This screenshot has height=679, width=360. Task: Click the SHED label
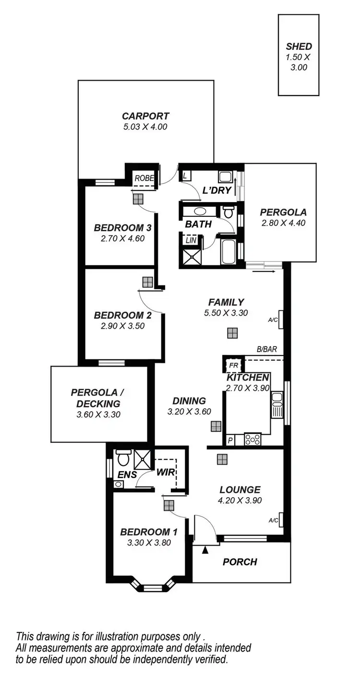(x=299, y=47)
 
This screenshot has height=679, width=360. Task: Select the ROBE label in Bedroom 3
(x=144, y=178)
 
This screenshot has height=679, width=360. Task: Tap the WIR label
(x=165, y=472)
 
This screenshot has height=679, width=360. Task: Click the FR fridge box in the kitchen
(x=233, y=365)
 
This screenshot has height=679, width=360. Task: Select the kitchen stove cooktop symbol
(x=252, y=439)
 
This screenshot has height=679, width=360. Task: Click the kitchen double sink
(x=277, y=405)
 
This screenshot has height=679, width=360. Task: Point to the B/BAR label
(x=267, y=349)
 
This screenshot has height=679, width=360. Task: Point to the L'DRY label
(x=217, y=191)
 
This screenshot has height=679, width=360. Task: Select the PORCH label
(x=240, y=562)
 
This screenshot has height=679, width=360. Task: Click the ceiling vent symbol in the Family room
(x=233, y=333)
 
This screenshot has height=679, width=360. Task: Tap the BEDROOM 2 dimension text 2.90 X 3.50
(x=123, y=325)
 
